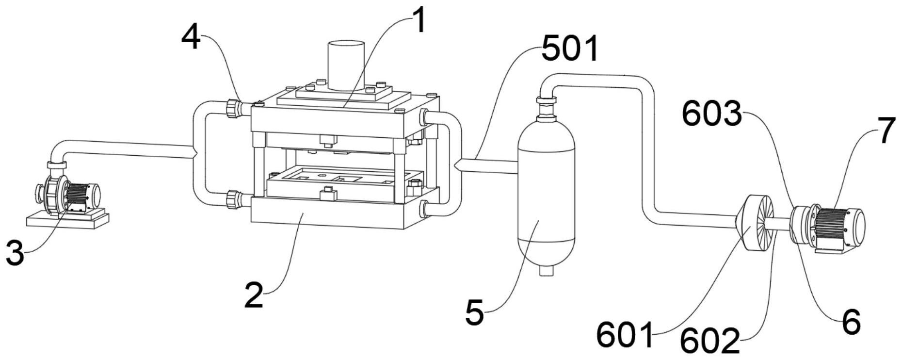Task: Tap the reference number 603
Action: click(711, 115)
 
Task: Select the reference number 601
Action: click(625, 334)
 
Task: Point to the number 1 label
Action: click(419, 22)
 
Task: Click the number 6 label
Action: click(851, 322)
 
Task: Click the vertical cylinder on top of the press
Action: click(345, 65)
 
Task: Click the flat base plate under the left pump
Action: click(68, 220)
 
